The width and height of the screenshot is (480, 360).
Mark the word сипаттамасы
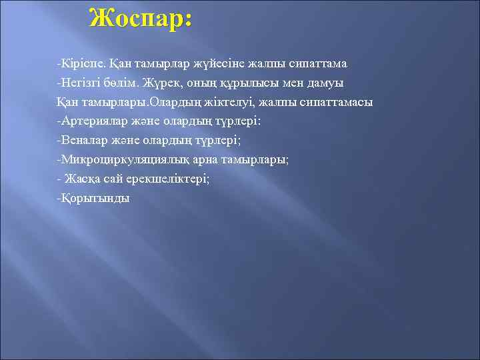[339, 102]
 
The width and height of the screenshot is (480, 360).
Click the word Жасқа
[83, 179]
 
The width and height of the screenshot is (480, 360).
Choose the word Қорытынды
[93, 199]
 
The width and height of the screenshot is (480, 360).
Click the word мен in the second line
[288, 83]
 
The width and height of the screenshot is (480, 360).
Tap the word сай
[113, 179]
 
